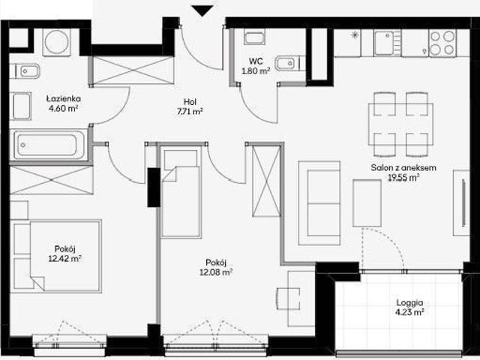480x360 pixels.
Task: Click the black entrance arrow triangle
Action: click(x=202, y=10)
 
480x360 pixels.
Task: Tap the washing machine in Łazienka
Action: click(x=57, y=42)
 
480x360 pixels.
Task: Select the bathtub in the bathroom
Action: click(x=48, y=145)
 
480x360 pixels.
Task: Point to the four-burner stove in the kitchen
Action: click(x=442, y=43)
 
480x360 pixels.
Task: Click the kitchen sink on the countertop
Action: click(x=387, y=43)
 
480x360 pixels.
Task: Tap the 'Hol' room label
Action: click(x=190, y=102)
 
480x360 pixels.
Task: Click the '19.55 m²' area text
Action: click(x=403, y=178)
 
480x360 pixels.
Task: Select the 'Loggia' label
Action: click(x=409, y=303)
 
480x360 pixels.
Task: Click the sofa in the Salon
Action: click(x=319, y=203)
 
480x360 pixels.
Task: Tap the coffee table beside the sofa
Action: click(x=367, y=203)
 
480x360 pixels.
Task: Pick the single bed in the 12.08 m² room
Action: click(x=181, y=192)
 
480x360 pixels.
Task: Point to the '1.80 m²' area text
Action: click(x=256, y=71)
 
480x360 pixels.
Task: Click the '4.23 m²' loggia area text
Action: click(x=409, y=312)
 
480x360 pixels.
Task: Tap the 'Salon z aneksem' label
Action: click(x=403, y=168)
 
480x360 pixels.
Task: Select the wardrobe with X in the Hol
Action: click(x=132, y=70)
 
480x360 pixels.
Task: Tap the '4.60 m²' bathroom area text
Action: click(x=63, y=108)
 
